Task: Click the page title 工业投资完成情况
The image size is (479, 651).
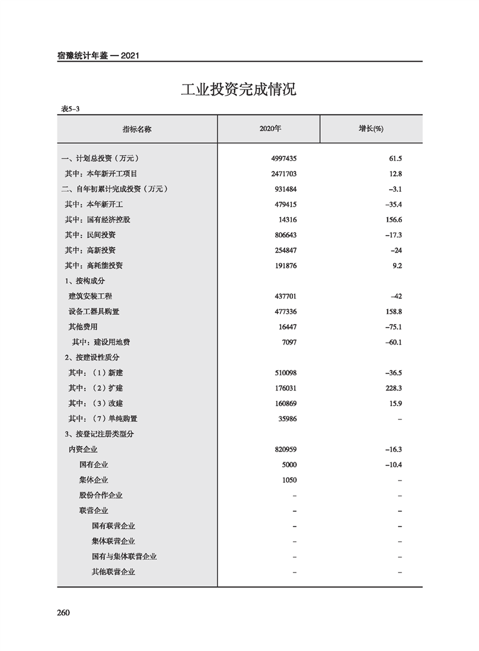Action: point(239,90)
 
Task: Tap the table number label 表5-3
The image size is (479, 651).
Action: point(70,109)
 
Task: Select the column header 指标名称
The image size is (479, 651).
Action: point(137,129)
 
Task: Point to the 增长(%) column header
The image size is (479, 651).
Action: point(371,129)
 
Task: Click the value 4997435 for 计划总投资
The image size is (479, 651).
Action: point(285,158)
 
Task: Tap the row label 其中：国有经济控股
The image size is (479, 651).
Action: point(97,219)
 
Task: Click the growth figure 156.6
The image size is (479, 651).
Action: point(393,219)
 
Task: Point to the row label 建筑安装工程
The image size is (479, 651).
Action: point(91,296)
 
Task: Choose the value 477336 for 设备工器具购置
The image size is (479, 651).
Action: point(285,311)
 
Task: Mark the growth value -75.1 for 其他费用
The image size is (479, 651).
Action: point(393,327)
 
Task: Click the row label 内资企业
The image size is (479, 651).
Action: point(83,450)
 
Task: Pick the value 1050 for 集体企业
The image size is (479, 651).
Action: point(289,480)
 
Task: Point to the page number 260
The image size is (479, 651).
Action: point(64,613)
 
